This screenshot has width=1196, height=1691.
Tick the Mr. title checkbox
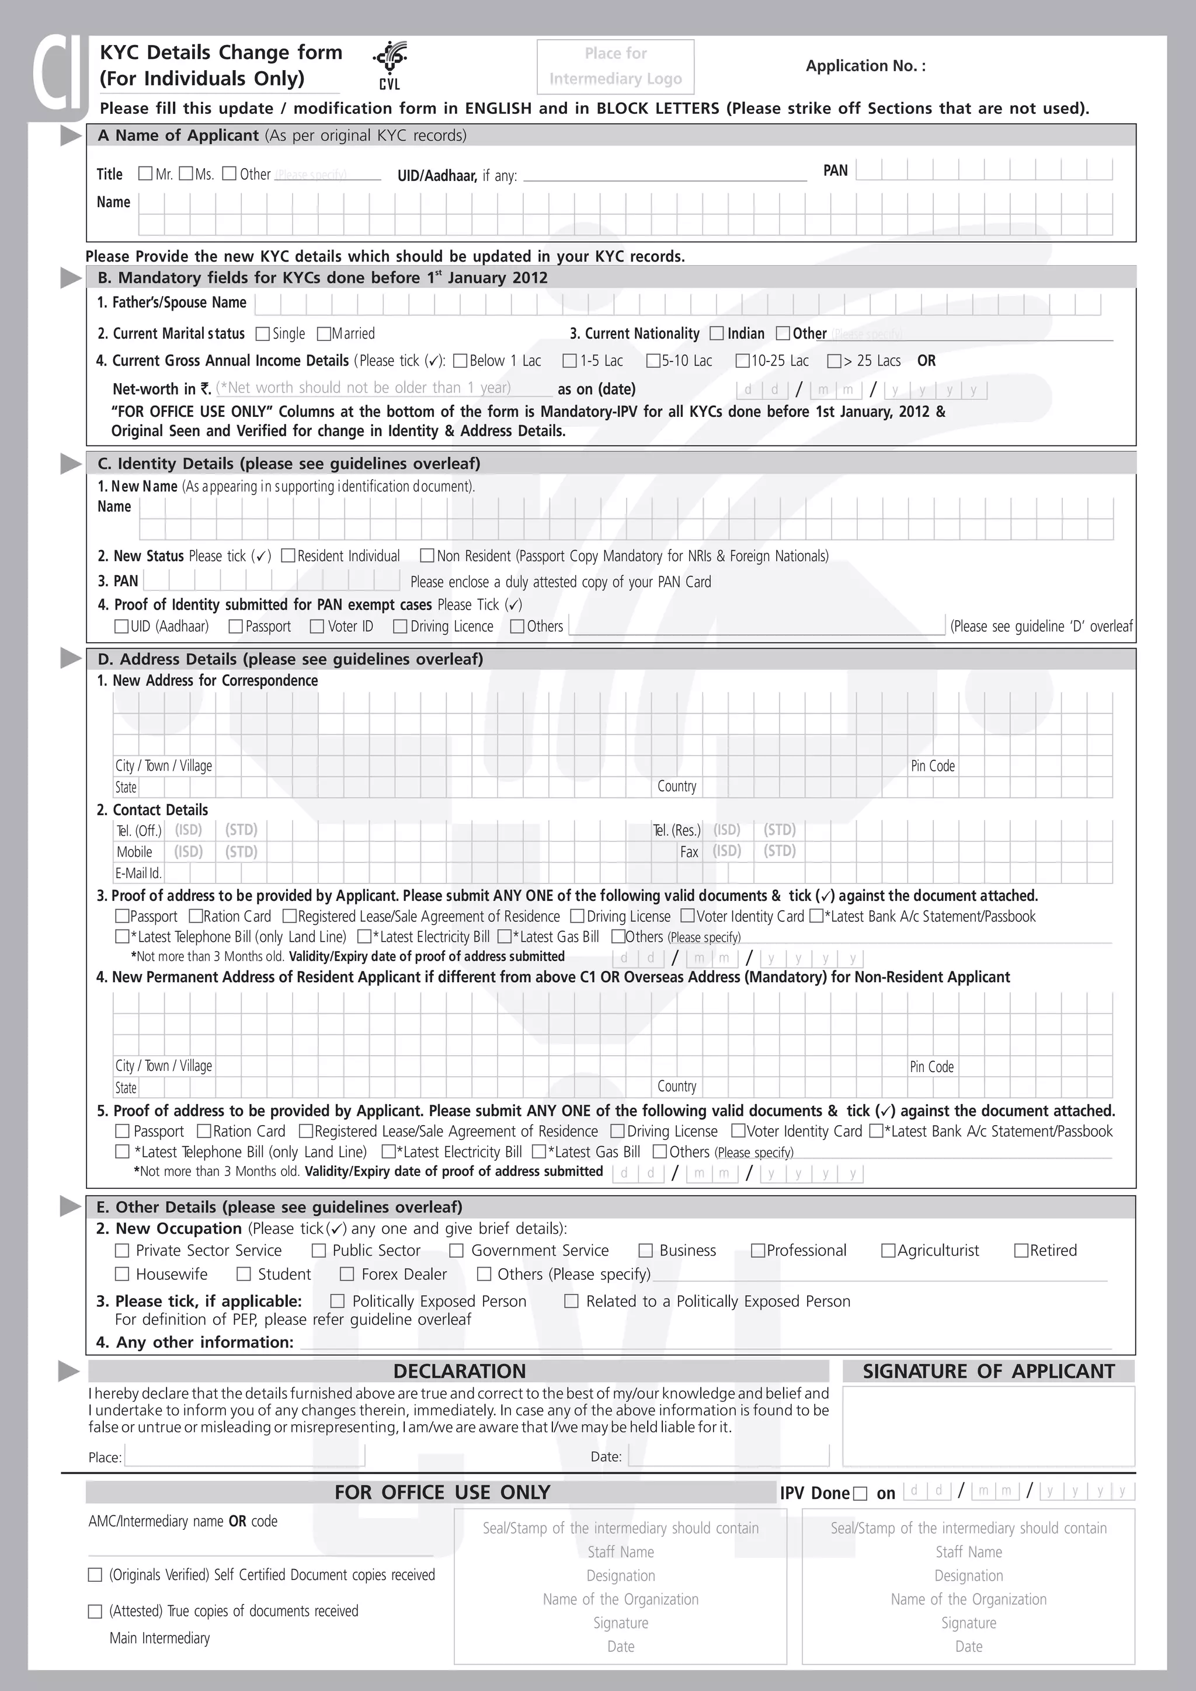tap(145, 174)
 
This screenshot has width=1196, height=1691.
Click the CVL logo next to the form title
tap(390, 65)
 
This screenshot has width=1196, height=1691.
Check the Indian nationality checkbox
tap(717, 333)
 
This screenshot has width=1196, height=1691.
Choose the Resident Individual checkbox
tap(288, 556)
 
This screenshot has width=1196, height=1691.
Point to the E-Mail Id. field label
tap(138, 874)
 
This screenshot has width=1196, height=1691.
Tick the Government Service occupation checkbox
tap(457, 1251)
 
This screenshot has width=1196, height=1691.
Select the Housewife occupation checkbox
tap(122, 1274)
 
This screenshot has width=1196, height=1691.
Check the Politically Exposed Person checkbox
tap(338, 1302)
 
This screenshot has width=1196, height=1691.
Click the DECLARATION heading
tap(459, 1372)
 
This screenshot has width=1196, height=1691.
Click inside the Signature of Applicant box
tap(988, 1426)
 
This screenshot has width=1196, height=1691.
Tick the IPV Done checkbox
tap(860, 1494)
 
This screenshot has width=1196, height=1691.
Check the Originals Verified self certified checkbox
tap(95, 1575)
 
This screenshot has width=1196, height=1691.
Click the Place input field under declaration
tap(245, 1456)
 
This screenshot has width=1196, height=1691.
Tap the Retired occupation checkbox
tap(1021, 1251)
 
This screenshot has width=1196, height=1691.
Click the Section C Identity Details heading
tap(288, 463)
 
